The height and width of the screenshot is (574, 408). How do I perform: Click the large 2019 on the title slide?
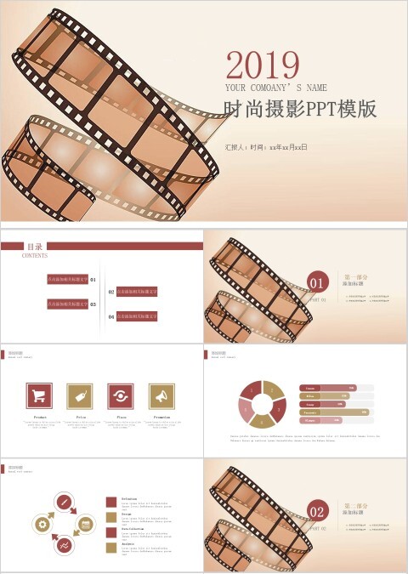point(263,65)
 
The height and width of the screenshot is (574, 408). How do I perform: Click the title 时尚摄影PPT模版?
point(299,110)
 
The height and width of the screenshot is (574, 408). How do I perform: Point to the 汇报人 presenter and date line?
point(265,147)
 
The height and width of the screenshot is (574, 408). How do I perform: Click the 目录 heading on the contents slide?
point(35,246)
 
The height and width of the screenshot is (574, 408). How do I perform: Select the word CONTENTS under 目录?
point(35,255)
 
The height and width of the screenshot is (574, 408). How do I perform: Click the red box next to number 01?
point(67,279)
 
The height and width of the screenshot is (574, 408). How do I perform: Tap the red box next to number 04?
point(137,316)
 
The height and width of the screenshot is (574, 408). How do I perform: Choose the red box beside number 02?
point(137,292)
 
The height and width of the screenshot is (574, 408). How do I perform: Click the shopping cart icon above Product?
point(39,395)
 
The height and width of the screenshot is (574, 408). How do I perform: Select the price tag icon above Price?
point(80,395)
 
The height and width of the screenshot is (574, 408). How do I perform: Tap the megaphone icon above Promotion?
point(161,395)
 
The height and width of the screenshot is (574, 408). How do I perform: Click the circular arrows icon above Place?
point(121,395)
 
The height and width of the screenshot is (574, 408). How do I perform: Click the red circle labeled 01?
point(317,283)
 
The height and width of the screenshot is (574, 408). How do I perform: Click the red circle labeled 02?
point(317,511)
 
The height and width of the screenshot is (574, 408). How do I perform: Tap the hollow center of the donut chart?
point(263,403)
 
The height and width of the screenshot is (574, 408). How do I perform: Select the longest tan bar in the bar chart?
point(335,412)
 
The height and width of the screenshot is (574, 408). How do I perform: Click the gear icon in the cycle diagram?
point(42,525)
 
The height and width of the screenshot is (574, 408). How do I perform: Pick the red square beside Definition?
point(111,502)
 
